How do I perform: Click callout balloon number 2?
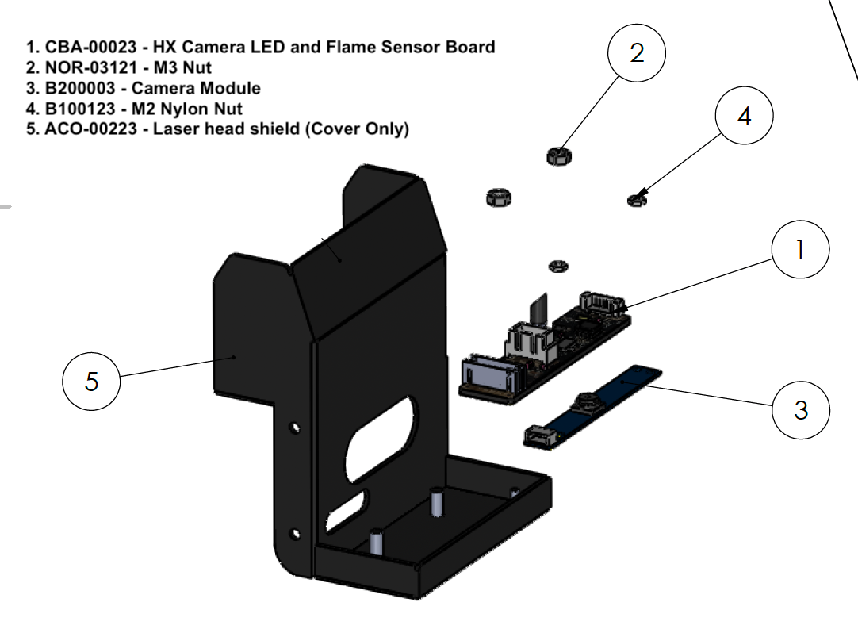coord(636,54)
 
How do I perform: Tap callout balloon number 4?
coord(744,117)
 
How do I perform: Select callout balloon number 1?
coord(799,250)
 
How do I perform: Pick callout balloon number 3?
coord(801,410)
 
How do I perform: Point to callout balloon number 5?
coord(91,382)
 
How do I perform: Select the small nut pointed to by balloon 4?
coord(636,200)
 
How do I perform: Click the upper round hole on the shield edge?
coord(295,428)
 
